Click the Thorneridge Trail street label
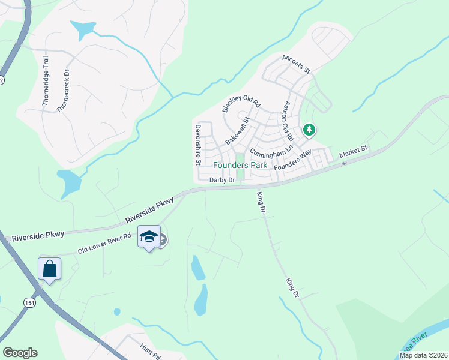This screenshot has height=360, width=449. [45, 80]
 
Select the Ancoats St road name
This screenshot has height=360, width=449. [295, 65]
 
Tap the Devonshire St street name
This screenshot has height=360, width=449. [197, 145]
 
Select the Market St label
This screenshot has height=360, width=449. [353, 155]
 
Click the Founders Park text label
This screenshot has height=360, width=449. [240, 165]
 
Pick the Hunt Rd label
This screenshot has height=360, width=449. [150, 351]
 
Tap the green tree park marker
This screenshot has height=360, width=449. [309, 129]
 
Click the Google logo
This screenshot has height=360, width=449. [20, 353]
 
